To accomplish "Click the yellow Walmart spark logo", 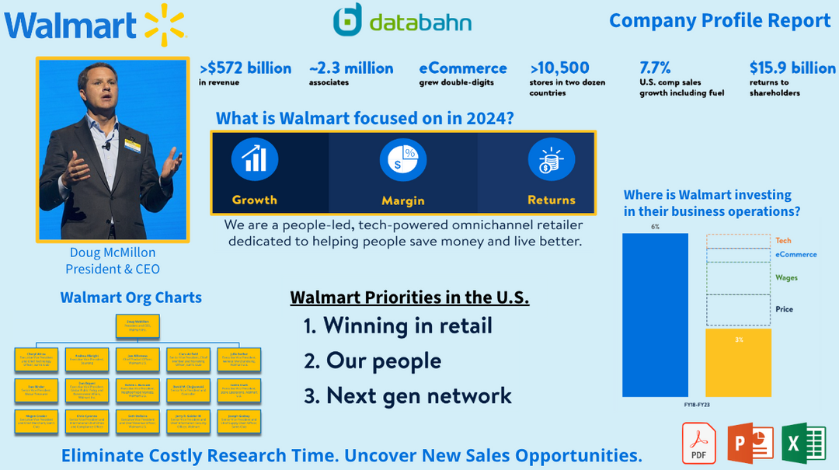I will tap(164, 22).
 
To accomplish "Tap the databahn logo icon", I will tap(347, 20).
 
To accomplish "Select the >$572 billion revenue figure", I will tap(245, 68).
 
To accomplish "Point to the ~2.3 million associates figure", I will tap(351, 68).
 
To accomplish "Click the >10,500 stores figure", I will tap(560, 68).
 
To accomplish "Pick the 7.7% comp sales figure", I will tap(655, 68).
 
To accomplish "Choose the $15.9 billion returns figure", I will tap(792, 68).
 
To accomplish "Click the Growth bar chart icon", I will tap(254, 159).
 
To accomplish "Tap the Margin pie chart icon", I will tap(402, 159).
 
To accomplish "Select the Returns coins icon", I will tap(551, 159).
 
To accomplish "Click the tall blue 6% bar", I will tap(655, 315).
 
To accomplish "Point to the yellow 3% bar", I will tap(738, 362).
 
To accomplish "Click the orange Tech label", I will tap(783, 241).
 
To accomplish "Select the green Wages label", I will tap(786, 277).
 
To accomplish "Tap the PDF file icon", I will tap(698, 443).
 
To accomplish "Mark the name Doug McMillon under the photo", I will tap(113, 252).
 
